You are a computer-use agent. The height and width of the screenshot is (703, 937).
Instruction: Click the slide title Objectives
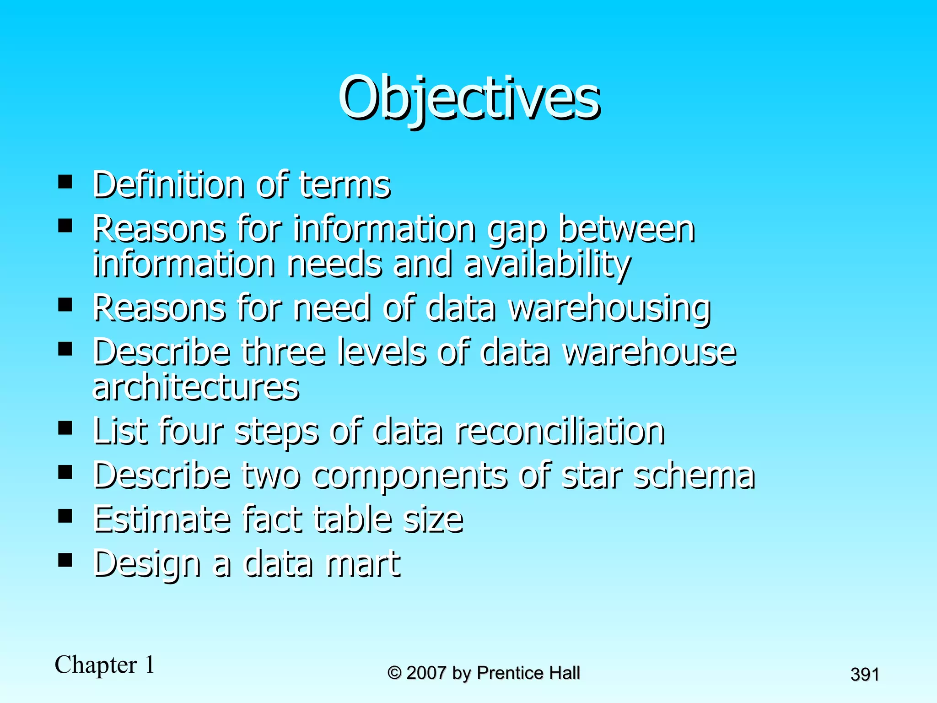pyautogui.click(x=468, y=98)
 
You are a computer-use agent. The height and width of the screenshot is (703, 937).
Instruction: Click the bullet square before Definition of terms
pyautogui.click(x=65, y=182)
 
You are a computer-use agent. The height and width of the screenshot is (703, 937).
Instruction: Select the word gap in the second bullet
pyautogui.click(x=517, y=230)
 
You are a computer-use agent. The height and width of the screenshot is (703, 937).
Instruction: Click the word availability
pyautogui.click(x=547, y=265)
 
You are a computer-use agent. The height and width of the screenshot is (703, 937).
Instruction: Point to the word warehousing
pyautogui.click(x=610, y=308)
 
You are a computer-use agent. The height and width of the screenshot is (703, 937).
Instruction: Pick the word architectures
pyautogui.click(x=196, y=387)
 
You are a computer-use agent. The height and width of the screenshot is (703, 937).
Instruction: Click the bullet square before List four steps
pyautogui.click(x=65, y=428)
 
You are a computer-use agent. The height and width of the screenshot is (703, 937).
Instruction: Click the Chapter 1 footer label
pyautogui.click(x=105, y=665)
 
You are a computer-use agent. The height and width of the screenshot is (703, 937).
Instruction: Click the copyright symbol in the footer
pyautogui.click(x=394, y=673)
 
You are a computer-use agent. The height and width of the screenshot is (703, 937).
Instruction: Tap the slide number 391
pyautogui.click(x=864, y=675)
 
